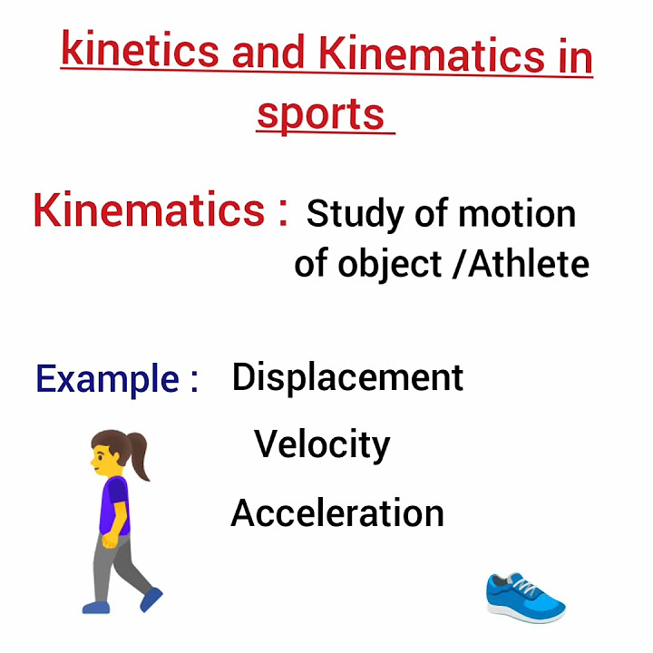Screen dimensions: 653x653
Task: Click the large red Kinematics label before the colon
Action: (149, 210)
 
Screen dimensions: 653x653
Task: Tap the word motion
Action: (517, 214)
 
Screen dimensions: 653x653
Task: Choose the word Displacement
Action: (347, 377)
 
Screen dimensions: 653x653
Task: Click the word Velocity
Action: (322, 444)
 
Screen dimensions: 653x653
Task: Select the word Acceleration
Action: (337, 513)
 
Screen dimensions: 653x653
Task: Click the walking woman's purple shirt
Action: (115, 504)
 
